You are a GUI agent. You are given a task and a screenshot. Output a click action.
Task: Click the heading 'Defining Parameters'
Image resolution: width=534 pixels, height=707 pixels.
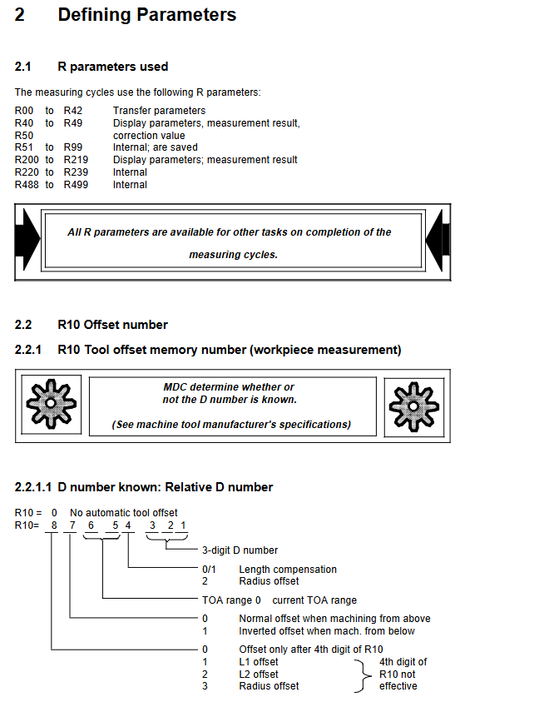[x=146, y=15]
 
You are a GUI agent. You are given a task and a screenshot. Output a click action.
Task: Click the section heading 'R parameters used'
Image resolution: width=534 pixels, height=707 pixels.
[x=112, y=67]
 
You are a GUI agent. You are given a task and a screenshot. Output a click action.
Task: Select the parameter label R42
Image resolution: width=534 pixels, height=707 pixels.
[x=72, y=111]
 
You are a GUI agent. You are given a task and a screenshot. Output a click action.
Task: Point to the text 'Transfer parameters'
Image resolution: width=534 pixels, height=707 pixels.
[x=159, y=111]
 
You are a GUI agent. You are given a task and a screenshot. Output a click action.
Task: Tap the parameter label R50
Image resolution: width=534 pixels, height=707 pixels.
[x=24, y=135]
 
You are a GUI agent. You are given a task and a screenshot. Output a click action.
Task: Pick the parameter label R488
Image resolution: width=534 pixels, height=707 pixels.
[x=27, y=185]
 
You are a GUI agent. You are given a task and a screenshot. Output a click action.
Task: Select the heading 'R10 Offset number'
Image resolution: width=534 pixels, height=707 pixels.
[x=112, y=325]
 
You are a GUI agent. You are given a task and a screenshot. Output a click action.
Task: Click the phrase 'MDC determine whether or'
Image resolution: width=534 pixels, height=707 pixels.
[x=229, y=387]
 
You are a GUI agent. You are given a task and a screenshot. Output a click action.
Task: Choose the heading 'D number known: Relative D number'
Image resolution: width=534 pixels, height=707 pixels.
[x=165, y=487]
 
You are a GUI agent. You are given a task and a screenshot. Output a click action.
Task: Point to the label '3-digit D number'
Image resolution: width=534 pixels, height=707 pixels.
[x=240, y=550]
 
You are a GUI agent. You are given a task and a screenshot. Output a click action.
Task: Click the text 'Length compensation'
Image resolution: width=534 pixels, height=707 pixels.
[x=288, y=570]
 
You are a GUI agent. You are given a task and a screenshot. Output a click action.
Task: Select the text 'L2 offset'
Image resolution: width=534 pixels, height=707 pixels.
[x=259, y=675]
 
